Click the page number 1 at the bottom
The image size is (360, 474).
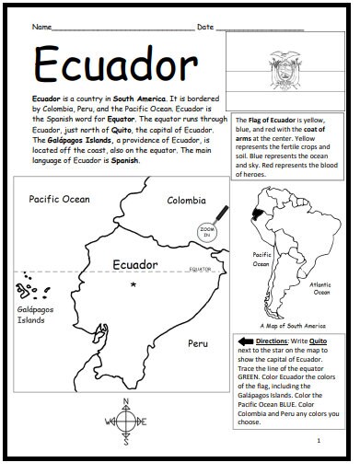click(317, 442)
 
